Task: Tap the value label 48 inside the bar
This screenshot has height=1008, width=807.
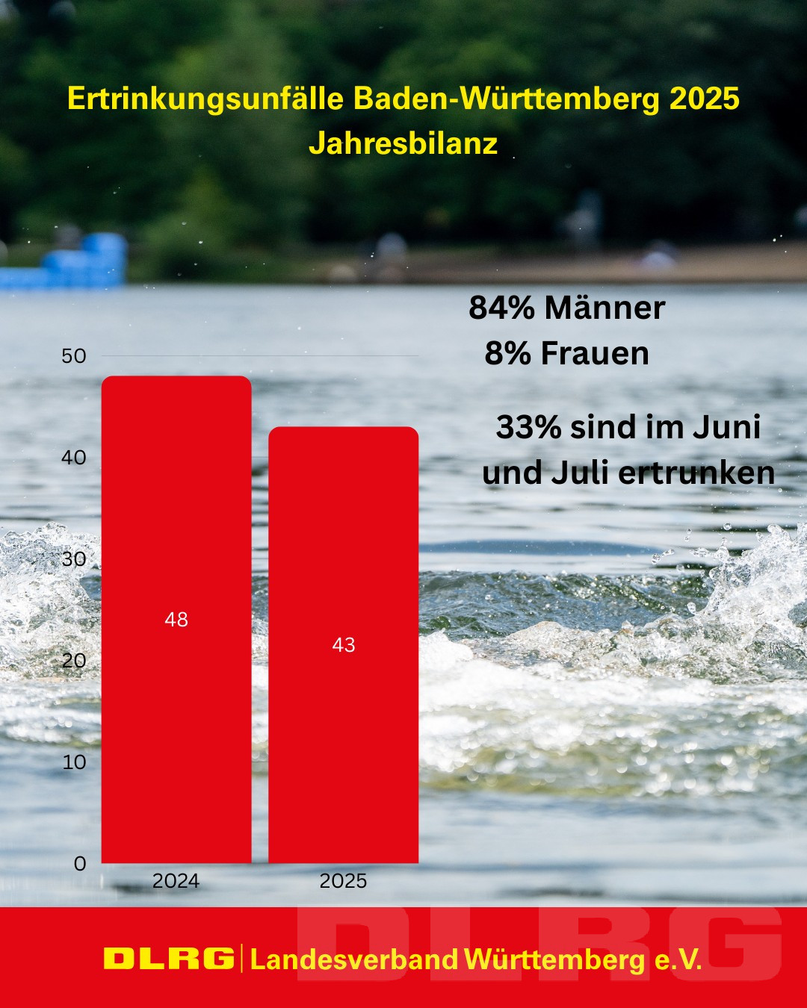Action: pyautogui.click(x=176, y=619)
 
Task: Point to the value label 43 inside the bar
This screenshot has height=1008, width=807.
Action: pyautogui.click(x=343, y=644)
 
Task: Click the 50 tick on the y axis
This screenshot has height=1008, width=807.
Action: pyautogui.click(x=74, y=355)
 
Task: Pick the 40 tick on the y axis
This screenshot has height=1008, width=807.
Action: pyautogui.click(x=74, y=457)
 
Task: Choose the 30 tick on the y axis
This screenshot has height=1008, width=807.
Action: pyautogui.click(x=74, y=559)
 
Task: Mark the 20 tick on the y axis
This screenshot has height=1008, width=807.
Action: pyautogui.click(x=74, y=660)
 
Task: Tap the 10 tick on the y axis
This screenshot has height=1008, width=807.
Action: pyautogui.click(x=74, y=762)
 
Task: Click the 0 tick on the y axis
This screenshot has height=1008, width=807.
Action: pyautogui.click(x=80, y=863)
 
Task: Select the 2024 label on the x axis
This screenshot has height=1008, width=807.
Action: pyautogui.click(x=176, y=881)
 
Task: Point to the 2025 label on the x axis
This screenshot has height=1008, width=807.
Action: pyautogui.click(x=343, y=881)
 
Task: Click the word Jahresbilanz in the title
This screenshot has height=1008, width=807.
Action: pyautogui.click(x=403, y=143)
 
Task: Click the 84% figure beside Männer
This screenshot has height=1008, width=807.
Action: pyautogui.click(x=501, y=308)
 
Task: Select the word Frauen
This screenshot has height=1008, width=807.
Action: pyautogui.click(x=595, y=353)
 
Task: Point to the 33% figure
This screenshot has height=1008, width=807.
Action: pyautogui.click(x=528, y=427)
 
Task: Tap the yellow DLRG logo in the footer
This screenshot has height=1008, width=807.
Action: pyautogui.click(x=169, y=959)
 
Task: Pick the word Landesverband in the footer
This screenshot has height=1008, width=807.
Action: pyautogui.click(x=354, y=959)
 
